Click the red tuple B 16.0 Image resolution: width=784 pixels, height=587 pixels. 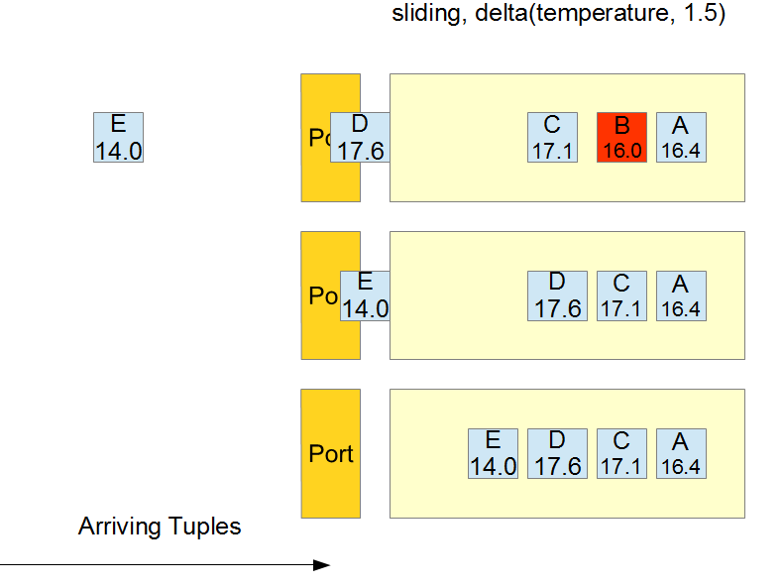click(x=621, y=137)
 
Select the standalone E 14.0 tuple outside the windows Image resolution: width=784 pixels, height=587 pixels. click(x=118, y=137)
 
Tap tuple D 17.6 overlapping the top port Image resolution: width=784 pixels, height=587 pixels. click(x=360, y=137)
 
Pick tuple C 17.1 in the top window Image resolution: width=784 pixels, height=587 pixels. click(x=552, y=137)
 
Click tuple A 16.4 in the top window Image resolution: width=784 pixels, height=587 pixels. click(x=681, y=137)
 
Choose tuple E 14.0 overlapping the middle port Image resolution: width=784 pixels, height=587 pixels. click(x=365, y=295)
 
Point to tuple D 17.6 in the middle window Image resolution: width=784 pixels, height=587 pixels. click(x=557, y=295)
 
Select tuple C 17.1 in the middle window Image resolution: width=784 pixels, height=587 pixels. click(x=621, y=295)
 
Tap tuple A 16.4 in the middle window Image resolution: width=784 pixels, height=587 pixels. click(x=681, y=295)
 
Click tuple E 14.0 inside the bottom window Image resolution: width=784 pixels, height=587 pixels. click(x=493, y=453)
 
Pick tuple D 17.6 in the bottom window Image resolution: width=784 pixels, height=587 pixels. click(x=557, y=453)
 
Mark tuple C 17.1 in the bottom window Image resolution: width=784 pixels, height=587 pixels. click(x=621, y=453)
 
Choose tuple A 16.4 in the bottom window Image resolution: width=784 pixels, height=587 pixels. click(x=681, y=453)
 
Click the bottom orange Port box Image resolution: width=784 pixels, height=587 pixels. click(x=331, y=453)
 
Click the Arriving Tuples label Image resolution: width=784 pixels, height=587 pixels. click(x=160, y=527)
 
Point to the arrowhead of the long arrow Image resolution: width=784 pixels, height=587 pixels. click(x=322, y=565)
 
